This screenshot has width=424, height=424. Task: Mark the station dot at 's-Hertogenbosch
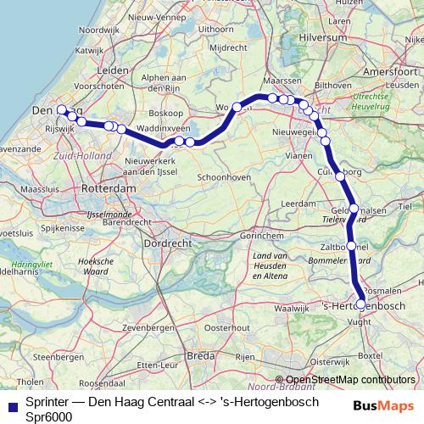point(361,304)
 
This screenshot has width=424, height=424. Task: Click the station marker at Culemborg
point(340,176)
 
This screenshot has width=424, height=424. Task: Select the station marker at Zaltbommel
point(351,246)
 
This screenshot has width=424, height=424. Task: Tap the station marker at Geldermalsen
point(354,208)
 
